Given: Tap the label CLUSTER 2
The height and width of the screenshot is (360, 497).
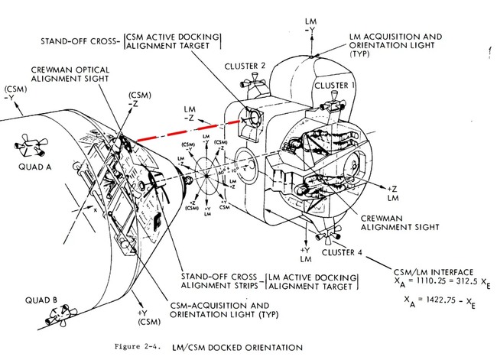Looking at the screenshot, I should pos(246,66).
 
